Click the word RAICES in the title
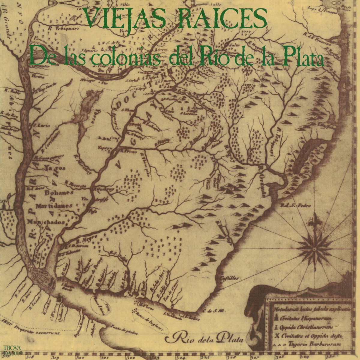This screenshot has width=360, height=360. [215, 18]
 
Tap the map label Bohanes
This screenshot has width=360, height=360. [59, 193]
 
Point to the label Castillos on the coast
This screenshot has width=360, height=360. [229, 278]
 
